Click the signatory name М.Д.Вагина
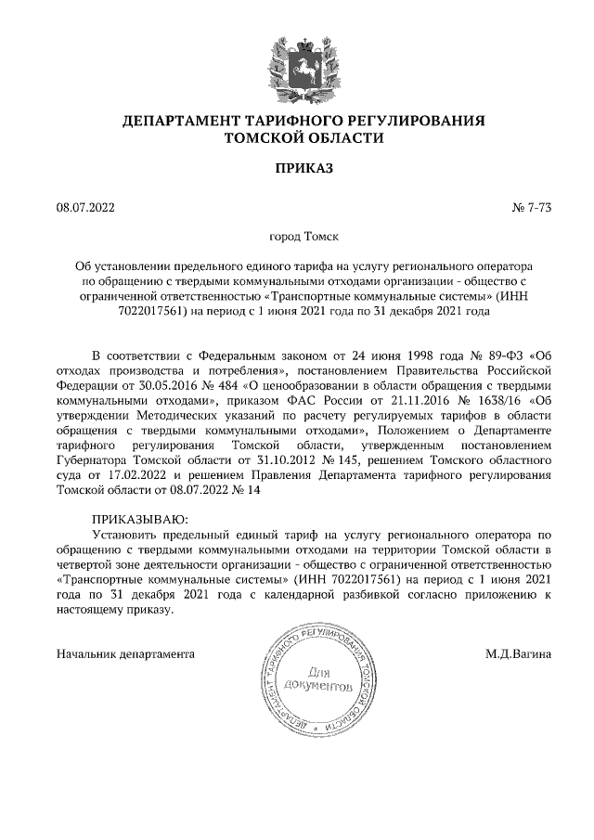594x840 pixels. point(518,654)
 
